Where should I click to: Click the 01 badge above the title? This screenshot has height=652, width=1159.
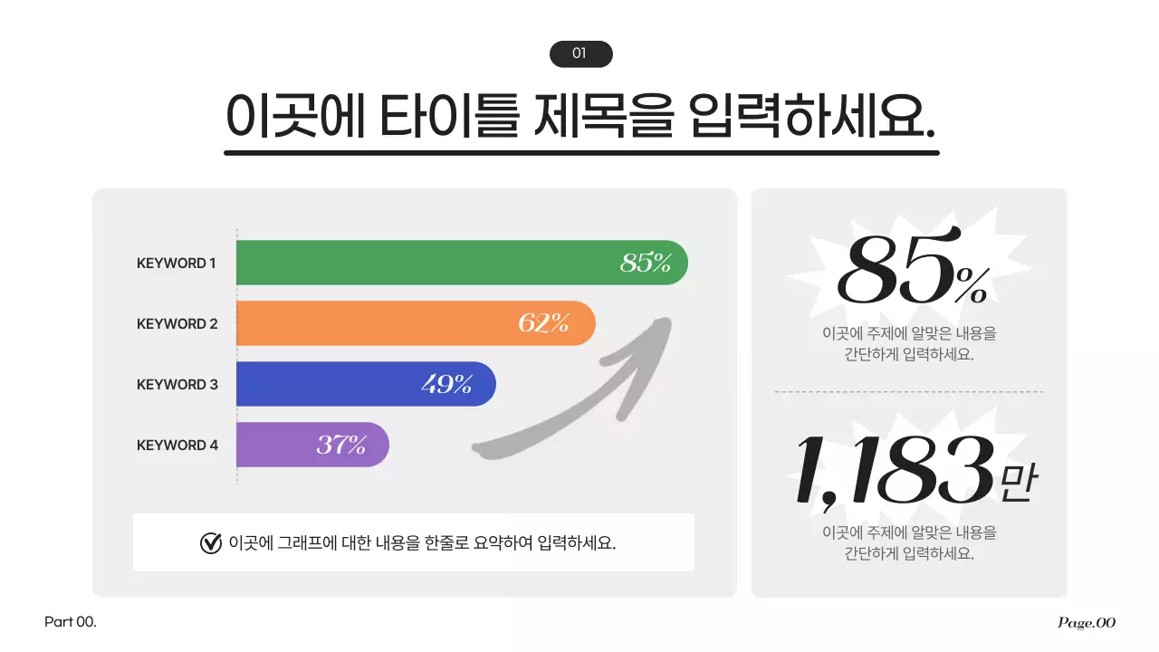point(580,54)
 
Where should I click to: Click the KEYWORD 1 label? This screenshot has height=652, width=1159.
point(177,264)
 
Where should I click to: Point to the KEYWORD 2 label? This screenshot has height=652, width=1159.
point(177,323)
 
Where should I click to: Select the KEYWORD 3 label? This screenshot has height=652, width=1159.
point(177,384)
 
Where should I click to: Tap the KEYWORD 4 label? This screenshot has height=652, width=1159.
point(177,445)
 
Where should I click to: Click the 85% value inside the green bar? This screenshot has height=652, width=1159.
point(646,264)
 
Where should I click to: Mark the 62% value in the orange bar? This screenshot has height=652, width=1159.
point(543,323)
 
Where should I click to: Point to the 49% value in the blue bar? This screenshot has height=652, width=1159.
point(446,384)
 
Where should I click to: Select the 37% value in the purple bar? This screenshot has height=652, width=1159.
point(341,445)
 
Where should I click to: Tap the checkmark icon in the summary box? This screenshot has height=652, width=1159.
point(210,542)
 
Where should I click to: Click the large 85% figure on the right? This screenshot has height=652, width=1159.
point(910,272)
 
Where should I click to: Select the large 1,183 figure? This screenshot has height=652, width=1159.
point(893,471)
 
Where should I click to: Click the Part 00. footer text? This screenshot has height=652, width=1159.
point(70,622)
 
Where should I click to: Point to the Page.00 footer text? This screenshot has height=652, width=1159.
point(1087,622)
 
